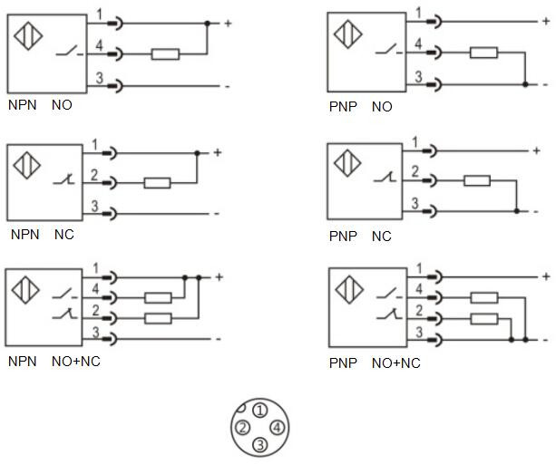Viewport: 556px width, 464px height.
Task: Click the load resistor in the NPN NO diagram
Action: (164, 54)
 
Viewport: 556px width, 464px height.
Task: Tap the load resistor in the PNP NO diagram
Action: (483, 53)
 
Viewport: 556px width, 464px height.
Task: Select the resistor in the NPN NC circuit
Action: (157, 183)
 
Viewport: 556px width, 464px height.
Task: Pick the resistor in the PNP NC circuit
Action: (477, 181)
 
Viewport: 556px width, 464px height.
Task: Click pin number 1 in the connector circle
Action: (259, 411)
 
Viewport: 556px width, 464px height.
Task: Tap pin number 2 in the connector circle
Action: (242, 428)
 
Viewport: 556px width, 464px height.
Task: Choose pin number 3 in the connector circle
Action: (259, 444)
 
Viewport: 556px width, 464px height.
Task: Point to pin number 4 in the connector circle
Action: (277, 427)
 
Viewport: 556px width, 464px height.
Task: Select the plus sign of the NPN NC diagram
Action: (218, 152)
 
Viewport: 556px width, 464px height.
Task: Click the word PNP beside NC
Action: (343, 237)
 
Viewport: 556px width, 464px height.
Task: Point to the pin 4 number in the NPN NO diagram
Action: (100, 45)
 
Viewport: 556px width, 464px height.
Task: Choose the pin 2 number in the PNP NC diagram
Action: (415, 172)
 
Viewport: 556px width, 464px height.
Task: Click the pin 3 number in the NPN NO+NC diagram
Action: (97, 332)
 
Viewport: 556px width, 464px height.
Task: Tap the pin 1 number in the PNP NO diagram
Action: (418, 12)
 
